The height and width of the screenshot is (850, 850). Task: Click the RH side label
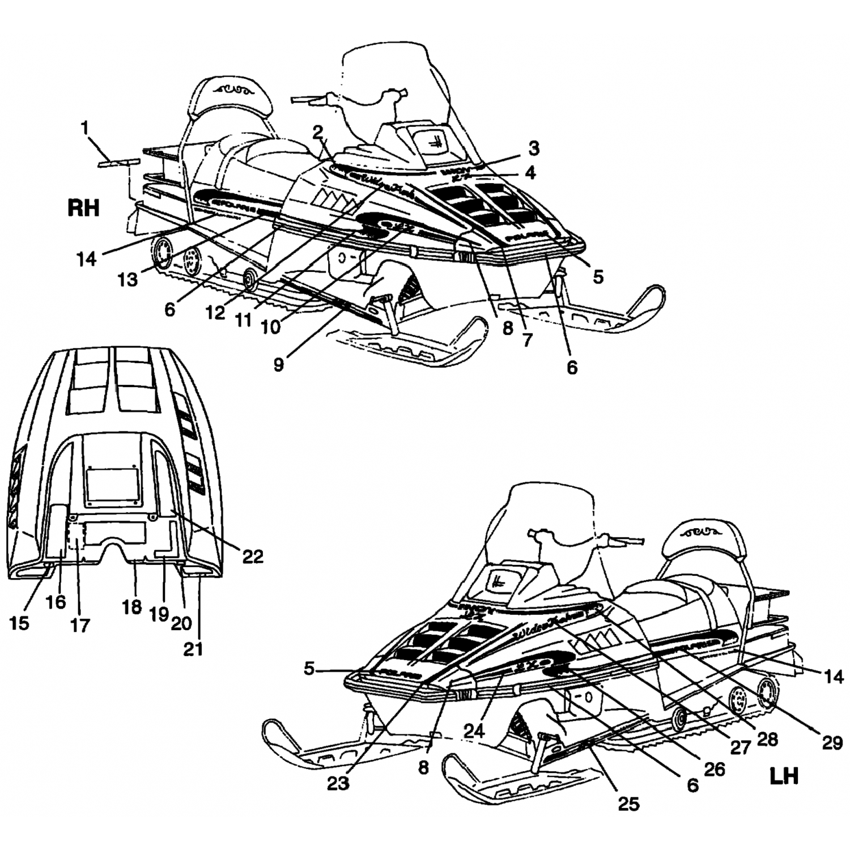(83, 208)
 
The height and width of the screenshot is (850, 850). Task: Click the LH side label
(784, 776)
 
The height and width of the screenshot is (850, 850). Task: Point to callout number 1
(85, 128)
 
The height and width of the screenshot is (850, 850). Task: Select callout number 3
(534, 148)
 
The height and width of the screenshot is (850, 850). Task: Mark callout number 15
(19, 623)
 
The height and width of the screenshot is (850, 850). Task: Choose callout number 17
(80, 625)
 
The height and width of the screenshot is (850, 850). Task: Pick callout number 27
(740, 748)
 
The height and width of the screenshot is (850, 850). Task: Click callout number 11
(244, 320)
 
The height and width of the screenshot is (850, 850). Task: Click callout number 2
(317, 131)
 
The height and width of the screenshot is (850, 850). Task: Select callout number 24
(475, 732)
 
